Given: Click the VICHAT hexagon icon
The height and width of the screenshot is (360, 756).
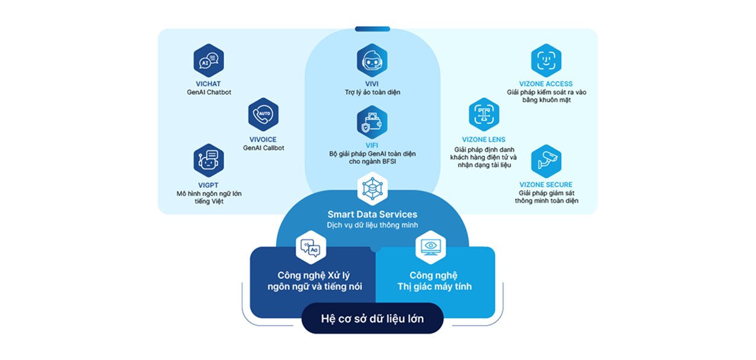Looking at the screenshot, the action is [x=208, y=60].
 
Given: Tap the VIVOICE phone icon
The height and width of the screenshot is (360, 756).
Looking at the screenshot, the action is [x=263, y=115].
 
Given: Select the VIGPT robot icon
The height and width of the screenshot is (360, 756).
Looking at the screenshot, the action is [x=208, y=161].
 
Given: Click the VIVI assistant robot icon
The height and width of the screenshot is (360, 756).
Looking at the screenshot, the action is [x=372, y=60].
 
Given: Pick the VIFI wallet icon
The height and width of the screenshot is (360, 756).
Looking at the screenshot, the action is [x=372, y=122].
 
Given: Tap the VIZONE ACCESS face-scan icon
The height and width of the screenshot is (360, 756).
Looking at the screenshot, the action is [x=546, y=60].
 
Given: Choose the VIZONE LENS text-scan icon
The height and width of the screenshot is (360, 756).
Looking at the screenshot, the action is [x=484, y=115].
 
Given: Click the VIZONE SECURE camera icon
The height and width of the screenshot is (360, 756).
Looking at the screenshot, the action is [x=546, y=161].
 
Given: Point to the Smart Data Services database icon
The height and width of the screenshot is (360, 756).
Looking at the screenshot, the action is [x=372, y=188].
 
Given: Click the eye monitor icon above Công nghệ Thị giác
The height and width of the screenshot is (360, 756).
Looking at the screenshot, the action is [x=431, y=247].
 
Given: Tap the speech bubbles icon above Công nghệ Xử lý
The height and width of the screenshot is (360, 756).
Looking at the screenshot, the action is [x=310, y=247].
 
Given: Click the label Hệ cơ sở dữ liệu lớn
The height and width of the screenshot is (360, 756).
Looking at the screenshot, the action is [x=372, y=318].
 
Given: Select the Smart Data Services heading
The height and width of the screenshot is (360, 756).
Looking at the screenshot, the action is [x=372, y=214].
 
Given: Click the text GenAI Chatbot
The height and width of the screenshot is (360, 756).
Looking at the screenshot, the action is [x=209, y=92].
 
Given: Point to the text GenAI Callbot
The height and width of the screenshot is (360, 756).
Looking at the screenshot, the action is [x=264, y=148].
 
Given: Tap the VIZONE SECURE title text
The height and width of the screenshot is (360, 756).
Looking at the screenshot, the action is [x=546, y=185].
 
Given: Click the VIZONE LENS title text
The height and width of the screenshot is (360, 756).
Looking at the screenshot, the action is [x=484, y=140].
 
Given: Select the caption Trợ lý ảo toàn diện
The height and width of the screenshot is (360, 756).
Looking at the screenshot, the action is [x=372, y=92].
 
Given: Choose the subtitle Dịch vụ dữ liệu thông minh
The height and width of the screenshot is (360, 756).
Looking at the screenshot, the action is [x=372, y=225].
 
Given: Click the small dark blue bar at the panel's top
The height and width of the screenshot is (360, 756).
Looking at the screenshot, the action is [x=372, y=29].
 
